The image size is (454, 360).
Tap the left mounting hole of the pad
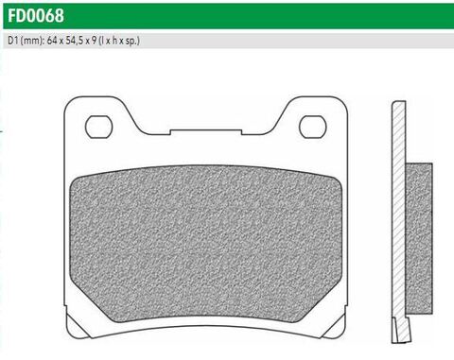coord(98,126)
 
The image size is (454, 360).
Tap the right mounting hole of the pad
coord(312,126)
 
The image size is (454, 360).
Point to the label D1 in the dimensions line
coord(12,43)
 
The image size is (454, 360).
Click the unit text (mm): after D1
coord(33,43)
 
